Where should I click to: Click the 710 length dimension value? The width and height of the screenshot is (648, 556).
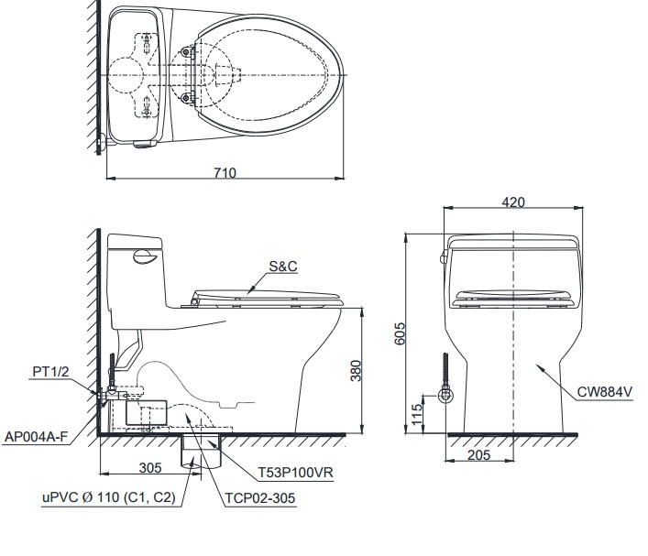click(225, 172)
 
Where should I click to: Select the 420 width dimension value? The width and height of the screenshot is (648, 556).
click(513, 202)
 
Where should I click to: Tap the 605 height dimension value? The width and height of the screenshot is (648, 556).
click(399, 333)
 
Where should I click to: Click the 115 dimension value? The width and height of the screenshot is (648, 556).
click(416, 413)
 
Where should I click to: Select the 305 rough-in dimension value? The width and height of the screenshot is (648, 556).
click(149, 467)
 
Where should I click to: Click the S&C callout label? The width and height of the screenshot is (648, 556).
click(283, 267)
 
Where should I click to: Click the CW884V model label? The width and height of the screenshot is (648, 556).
click(605, 391)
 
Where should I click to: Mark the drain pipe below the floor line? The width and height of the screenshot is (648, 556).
click(196, 450)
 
